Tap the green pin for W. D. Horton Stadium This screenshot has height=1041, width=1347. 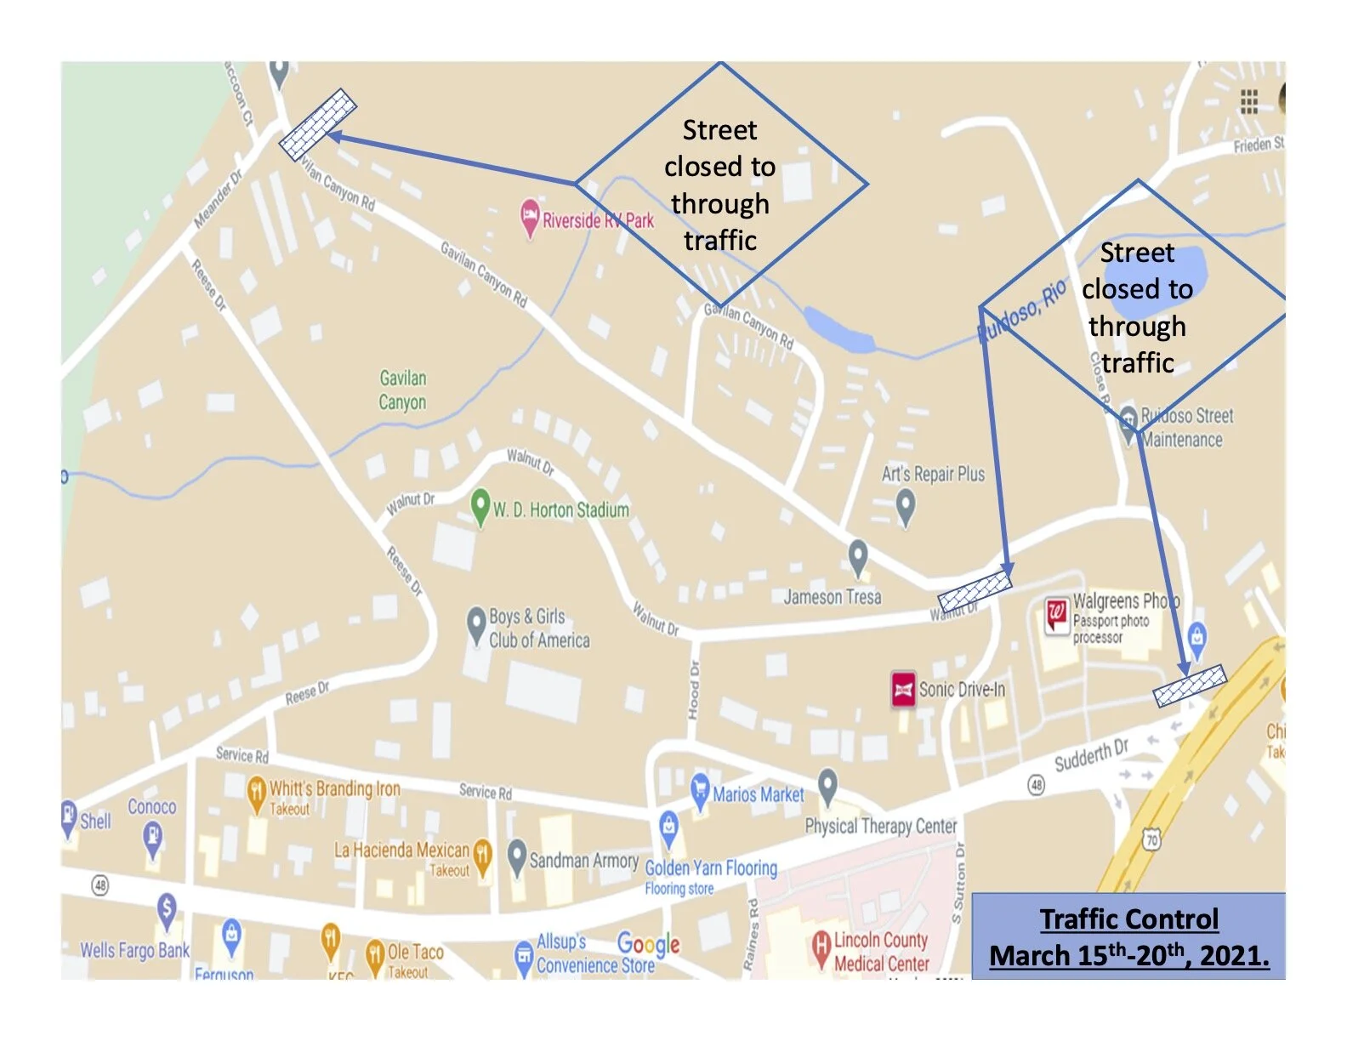[480, 505]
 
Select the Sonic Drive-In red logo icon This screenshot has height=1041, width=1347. [903, 689]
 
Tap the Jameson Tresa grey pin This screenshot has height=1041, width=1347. [858, 557]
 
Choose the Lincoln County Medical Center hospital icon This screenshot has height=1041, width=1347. [821, 947]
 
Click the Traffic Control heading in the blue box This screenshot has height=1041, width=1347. [1128, 919]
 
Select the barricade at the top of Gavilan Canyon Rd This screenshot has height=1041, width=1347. [318, 124]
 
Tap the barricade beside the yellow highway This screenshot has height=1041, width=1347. [1190, 685]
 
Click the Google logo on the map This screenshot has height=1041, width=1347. [648, 943]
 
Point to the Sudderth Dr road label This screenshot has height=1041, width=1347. [1091, 754]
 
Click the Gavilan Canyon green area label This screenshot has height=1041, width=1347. [402, 390]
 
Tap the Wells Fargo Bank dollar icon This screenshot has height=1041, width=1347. [167, 910]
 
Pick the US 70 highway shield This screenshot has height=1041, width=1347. [1152, 840]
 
